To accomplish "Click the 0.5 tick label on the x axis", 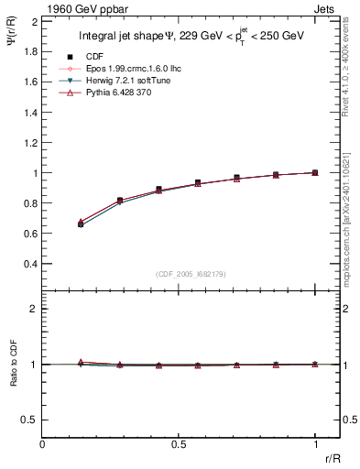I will (179, 444).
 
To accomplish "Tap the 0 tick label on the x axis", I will (43, 444).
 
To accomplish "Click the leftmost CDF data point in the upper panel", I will (81, 224).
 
